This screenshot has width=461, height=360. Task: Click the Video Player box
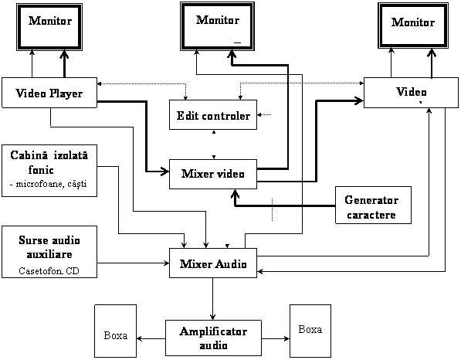[49, 93]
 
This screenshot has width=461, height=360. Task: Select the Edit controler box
[213, 114]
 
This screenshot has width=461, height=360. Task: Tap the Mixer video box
[213, 174]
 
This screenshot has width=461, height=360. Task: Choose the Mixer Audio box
[213, 263]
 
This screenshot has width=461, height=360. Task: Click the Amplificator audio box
[213, 338]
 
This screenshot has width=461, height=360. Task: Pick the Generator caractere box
[374, 205]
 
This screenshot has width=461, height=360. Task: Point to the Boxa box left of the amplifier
[116, 331]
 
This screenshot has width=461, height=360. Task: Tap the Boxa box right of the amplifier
[310, 331]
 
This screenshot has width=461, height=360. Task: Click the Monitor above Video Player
[49, 27]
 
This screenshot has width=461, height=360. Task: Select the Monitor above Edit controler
[217, 26]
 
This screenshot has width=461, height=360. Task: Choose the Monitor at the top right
[413, 25]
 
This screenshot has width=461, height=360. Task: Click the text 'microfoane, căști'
[51, 184]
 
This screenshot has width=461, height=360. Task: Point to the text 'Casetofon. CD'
[49, 270]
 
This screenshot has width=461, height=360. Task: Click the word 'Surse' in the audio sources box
[31, 240]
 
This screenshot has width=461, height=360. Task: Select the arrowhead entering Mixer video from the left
[165, 172]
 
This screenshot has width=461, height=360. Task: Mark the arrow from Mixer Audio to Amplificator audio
[213, 299]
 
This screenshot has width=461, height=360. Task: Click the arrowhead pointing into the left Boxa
[139, 338]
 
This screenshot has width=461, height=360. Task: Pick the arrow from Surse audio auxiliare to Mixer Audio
[133, 263]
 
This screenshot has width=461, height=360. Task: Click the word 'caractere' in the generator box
[371, 215]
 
